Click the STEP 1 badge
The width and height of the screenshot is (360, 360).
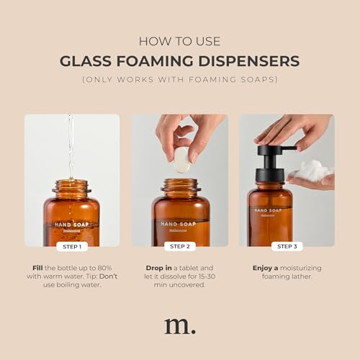point(72,247)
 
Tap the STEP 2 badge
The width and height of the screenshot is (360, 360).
point(180,246)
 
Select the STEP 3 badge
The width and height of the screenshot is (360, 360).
point(287,246)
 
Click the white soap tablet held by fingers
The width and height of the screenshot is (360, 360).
point(181,160)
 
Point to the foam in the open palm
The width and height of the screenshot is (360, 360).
point(312,170)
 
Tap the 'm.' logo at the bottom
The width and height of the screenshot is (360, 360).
point(180,326)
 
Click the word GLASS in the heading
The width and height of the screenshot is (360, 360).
point(86,61)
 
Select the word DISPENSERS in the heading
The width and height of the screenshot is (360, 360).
point(249,61)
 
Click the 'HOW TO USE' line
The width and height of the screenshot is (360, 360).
point(180,41)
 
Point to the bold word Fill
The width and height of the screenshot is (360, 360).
point(37,268)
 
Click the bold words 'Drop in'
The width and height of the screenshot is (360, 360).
point(158,268)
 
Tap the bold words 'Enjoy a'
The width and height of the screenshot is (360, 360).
point(265,268)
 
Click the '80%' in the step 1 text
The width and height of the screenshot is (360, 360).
point(104,268)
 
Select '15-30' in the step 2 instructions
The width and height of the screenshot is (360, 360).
point(207,276)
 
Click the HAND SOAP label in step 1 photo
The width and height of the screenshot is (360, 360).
point(71,225)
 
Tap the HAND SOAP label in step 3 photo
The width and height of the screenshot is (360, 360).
point(268,210)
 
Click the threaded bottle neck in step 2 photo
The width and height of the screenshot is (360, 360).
point(181,185)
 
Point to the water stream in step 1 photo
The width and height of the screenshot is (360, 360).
point(71,146)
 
